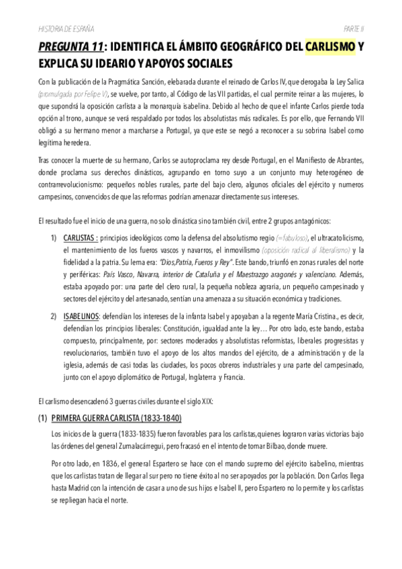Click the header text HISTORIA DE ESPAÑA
[x=65, y=28]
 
